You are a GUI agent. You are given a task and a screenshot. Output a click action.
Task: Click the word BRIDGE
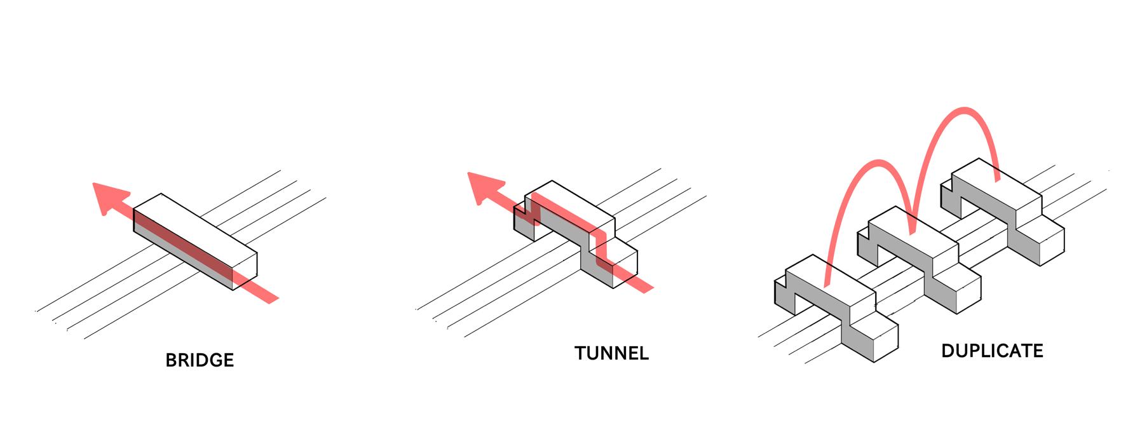coord(200,361)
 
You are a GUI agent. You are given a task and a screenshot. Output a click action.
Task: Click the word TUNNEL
coord(611,353)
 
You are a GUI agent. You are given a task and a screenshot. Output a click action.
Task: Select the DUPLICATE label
coord(992,351)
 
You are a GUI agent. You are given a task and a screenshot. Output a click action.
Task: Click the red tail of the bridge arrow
coord(264,292)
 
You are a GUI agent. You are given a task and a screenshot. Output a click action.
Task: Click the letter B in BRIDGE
coord(170,361)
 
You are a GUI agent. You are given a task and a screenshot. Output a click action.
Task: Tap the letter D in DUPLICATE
coord(948,351)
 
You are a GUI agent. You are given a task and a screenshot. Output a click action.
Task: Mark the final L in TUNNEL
coord(644,353)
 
